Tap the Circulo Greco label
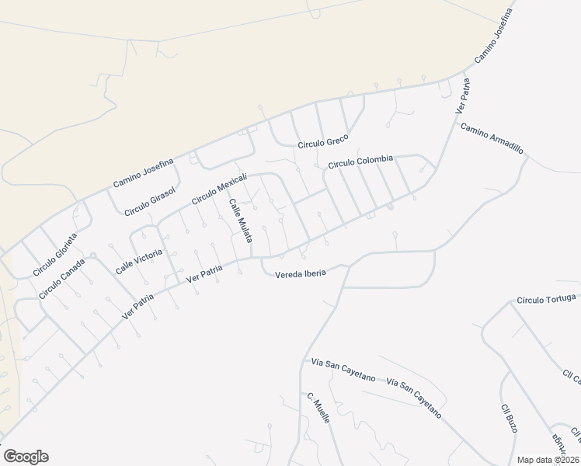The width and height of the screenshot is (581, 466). click(x=324, y=144)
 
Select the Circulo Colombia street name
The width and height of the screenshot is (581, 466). click(x=361, y=162)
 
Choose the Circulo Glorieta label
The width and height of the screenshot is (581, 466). click(x=55, y=254)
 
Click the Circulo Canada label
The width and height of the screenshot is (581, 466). click(x=61, y=277)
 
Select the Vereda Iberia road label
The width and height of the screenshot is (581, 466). click(x=300, y=272)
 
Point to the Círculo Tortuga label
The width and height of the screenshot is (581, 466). click(x=547, y=299)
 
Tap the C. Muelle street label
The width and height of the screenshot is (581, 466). click(x=318, y=408)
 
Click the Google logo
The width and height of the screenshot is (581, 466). click(x=26, y=457)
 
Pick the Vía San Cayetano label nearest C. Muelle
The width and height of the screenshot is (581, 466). click(x=343, y=370)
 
